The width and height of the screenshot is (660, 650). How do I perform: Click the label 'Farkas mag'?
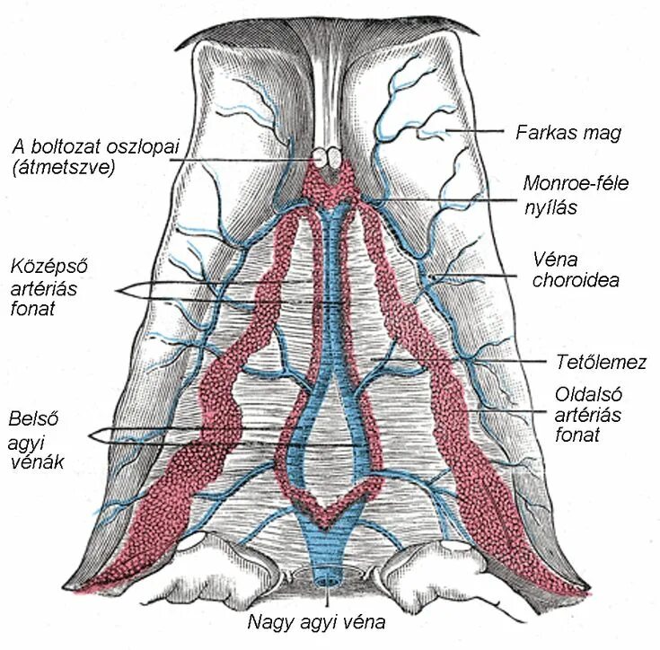coord(568,133)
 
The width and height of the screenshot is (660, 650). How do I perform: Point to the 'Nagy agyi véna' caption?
coord(330,621)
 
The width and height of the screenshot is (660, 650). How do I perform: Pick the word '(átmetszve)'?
coord(64,166)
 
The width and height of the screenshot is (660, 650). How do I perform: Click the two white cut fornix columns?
coord(328,159)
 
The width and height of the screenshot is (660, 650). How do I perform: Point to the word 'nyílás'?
coord(550,206)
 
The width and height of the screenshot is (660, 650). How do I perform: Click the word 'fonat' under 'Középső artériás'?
coord(33,309)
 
